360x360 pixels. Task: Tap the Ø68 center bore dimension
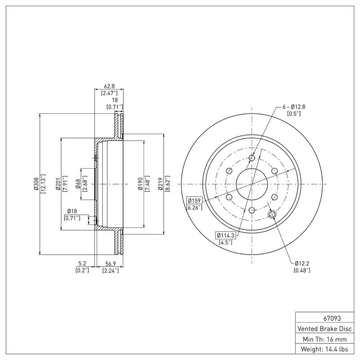(78, 184)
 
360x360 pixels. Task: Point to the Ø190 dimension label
(140, 184)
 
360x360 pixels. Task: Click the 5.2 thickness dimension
(82, 263)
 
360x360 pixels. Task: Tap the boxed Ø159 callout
(194, 200)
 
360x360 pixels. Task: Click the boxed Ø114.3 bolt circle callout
(226, 235)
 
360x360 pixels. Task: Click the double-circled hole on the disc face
(272, 214)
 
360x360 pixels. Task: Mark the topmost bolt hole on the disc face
(252, 157)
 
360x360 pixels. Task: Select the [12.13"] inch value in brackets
(43, 184)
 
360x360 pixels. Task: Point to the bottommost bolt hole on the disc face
(252, 210)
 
